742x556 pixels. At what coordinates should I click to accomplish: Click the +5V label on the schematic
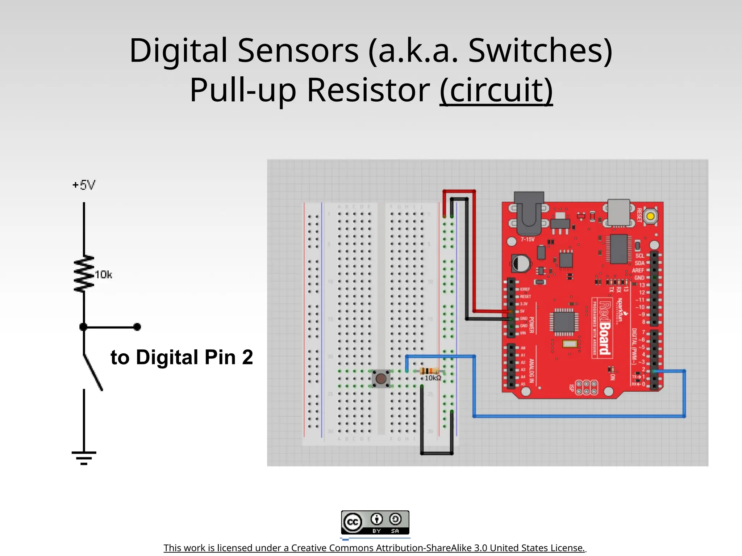pyautogui.click(x=84, y=185)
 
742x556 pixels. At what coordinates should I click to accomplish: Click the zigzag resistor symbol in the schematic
pyautogui.click(x=84, y=274)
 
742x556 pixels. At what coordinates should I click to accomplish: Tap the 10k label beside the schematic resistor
pyautogui.click(x=104, y=275)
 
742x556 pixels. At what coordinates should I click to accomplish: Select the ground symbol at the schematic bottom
pyautogui.click(x=84, y=458)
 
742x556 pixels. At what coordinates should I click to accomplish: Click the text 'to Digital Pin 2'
pyautogui.click(x=182, y=357)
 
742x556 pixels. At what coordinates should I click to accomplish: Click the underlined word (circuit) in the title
pyautogui.click(x=496, y=90)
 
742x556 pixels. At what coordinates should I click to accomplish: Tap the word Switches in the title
pyautogui.click(x=540, y=51)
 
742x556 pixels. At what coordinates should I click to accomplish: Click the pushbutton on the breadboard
pyautogui.click(x=381, y=379)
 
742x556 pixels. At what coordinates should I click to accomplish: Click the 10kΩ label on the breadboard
pyautogui.click(x=433, y=378)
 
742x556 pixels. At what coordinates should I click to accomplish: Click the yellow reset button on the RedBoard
pyautogui.click(x=650, y=216)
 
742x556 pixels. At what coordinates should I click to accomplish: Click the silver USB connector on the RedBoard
pyautogui.click(x=619, y=212)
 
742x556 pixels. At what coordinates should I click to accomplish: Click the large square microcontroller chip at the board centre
pyautogui.click(x=564, y=322)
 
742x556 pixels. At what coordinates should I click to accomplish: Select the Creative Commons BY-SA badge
pyautogui.click(x=375, y=522)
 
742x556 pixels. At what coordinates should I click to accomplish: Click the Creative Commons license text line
pyautogui.click(x=374, y=548)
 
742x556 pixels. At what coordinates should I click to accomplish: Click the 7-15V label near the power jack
pyautogui.click(x=528, y=239)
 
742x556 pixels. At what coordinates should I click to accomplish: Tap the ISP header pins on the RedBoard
pyautogui.click(x=586, y=387)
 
